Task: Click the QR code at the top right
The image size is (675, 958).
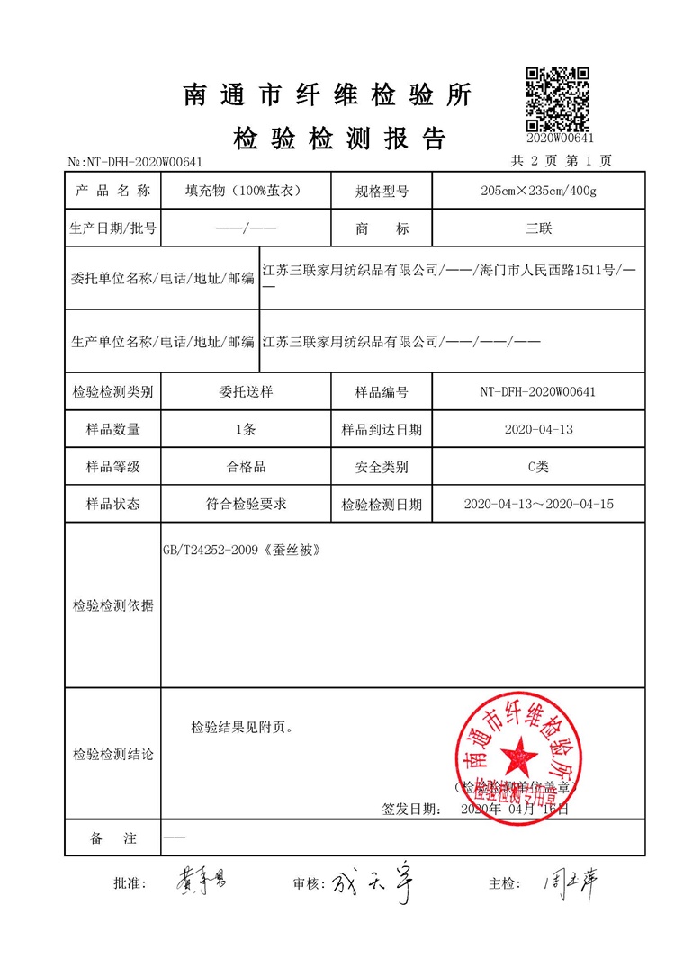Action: [x=557, y=99]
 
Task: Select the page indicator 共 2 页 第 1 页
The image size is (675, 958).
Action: [x=561, y=161]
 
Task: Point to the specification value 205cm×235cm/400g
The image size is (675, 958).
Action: [x=538, y=191]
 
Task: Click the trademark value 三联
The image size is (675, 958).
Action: [x=538, y=228]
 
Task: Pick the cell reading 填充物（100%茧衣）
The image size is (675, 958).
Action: [x=242, y=191]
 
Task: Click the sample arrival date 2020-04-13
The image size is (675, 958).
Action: [x=538, y=429]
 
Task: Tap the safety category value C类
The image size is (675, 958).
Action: [x=538, y=467]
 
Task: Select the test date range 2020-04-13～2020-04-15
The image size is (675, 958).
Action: [x=538, y=504]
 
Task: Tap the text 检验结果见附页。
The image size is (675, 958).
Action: [x=242, y=727]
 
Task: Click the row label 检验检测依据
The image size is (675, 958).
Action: [x=112, y=605]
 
